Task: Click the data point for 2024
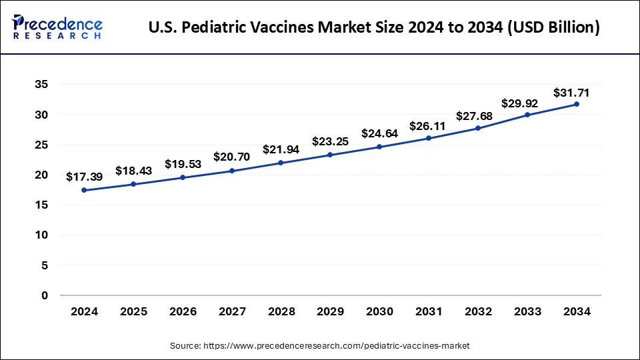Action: (x=84, y=190)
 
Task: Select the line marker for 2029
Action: (x=330, y=155)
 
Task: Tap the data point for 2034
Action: (x=577, y=104)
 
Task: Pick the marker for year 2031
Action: (x=429, y=138)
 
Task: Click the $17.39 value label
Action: (x=84, y=177)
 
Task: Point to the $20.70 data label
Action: (x=231, y=157)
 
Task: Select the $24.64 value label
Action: (x=379, y=133)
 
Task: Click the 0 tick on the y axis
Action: (x=45, y=295)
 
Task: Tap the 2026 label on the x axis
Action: (x=182, y=311)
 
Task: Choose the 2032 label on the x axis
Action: (x=478, y=311)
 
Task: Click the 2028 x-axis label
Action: (x=281, y=311)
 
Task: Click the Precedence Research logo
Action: (x=57, y=27)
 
